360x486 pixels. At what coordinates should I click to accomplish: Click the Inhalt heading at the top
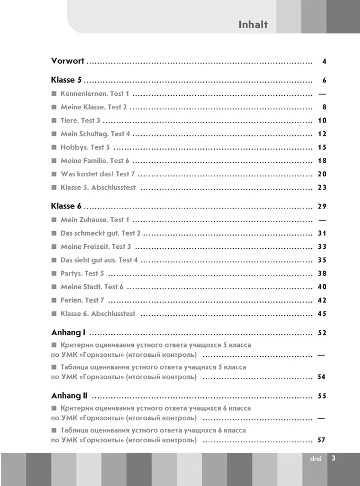pos(253,24)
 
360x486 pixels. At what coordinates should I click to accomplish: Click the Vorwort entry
pos(68,61)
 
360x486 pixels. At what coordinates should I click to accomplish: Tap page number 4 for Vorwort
pos(324,62)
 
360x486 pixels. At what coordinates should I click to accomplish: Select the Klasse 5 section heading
pos(66,80)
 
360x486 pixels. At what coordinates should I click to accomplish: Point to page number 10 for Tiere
pos(322,121)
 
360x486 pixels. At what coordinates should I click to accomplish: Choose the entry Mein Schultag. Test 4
pos(95,134)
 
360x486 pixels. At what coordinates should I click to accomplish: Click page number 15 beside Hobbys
pos(322,147)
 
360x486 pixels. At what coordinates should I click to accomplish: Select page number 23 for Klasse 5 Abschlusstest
pos(322,187)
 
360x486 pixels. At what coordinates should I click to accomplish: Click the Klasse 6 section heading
pos(66,206)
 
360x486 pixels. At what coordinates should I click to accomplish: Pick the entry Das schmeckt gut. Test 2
pos(100,233)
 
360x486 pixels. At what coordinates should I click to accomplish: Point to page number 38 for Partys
pos(322,273)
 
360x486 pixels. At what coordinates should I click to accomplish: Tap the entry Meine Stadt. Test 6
pos(91,287)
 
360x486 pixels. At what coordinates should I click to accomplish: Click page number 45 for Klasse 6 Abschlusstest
pos(322,314)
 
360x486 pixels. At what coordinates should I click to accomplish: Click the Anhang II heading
pos(70,396)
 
